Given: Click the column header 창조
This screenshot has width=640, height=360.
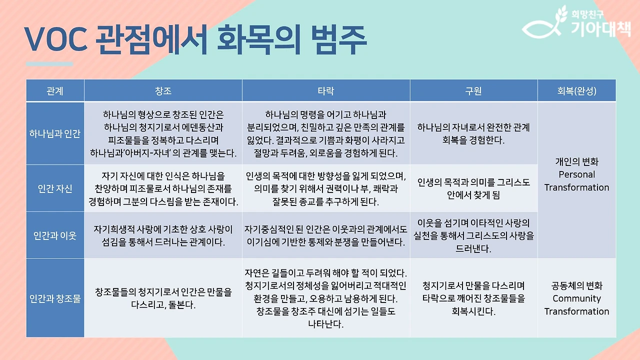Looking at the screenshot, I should [163, 91].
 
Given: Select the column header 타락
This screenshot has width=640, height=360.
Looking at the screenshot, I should [326, 91].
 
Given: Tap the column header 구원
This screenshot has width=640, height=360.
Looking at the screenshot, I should [473, 91].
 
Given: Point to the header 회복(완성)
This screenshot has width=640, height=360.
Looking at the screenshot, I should [576, 91].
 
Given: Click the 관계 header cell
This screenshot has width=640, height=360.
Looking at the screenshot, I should [55, 91].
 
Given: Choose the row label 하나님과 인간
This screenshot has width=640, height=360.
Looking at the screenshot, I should [55, 133].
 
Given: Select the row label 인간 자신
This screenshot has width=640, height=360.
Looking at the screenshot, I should [55, 188].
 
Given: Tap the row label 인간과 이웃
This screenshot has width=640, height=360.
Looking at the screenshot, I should [55, 235].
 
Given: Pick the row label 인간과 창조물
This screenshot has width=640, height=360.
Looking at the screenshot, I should [55, 298].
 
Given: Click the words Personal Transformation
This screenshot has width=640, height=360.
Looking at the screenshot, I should [576, 181].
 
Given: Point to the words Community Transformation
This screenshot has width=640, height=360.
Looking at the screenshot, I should [576, 305].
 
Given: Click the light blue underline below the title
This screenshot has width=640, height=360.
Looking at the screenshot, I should [49, 64].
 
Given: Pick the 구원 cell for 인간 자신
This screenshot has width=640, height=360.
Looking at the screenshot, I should [473, 188].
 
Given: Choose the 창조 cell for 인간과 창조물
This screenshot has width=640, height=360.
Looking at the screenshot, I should [163, 298].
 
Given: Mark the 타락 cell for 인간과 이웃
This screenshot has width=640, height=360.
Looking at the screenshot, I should [326, 235].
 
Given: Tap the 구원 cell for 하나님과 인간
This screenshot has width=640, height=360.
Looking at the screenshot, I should [473, 133].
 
